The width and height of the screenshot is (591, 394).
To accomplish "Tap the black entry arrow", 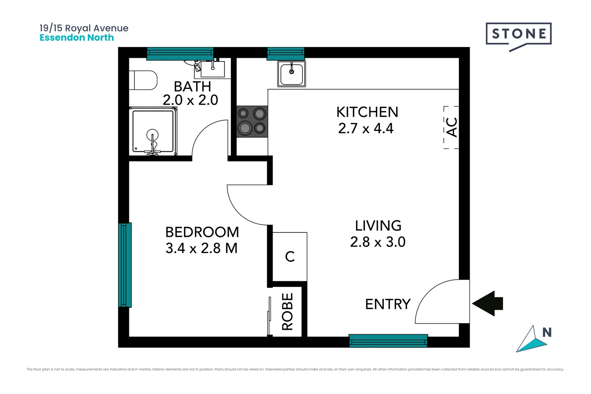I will coord(488,303).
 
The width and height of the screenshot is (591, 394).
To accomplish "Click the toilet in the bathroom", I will coord(144,80).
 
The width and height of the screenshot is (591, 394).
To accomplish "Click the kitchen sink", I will coord(291,74).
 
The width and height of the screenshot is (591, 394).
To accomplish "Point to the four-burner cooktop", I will coord(252,121).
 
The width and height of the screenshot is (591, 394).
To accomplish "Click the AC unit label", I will coord(452,127).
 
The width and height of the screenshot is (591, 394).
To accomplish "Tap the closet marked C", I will coord(290,256).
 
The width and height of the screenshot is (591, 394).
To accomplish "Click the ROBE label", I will coord(287,312).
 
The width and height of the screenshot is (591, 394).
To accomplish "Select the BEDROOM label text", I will coord(202,232).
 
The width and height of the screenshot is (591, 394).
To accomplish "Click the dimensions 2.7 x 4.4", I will coord(366,128).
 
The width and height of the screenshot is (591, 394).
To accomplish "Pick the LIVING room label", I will coord(378,226).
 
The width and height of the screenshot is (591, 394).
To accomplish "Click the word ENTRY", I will coord(388,304).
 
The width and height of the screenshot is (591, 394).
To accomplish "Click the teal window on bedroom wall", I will coord(125,265).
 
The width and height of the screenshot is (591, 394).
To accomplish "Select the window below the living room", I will coord(388,341).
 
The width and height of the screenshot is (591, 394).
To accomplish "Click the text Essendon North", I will coord(77,38).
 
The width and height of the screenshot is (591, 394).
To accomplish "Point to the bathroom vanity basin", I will coord(213,69).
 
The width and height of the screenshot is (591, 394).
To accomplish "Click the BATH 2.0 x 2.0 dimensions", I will coord(190,100).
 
